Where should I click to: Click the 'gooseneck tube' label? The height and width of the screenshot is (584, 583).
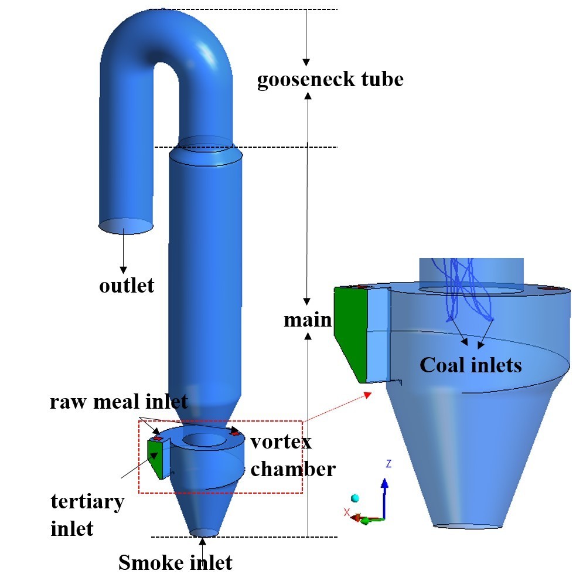[x=330, y=79]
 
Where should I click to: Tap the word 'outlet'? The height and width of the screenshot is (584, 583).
[x=127, y=286]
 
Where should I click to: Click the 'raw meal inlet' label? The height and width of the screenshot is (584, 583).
[x=118, y=402]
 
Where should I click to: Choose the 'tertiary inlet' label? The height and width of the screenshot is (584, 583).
[x=87, y=515]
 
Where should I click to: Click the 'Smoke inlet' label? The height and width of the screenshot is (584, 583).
[x=175, y=563]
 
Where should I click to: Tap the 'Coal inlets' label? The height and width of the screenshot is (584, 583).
[x=471, y=365]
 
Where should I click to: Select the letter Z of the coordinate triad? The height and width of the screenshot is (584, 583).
[x=388, y=464]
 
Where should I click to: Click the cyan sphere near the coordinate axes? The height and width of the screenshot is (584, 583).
[x=354, y=498]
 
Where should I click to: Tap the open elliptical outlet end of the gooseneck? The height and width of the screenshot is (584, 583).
[x=125, y=226]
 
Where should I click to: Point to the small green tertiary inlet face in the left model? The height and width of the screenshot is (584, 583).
[x=155, y=457]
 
